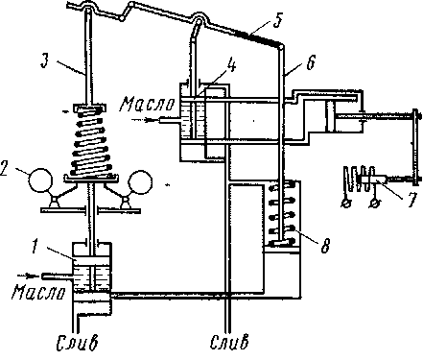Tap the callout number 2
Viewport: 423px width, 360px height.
4,169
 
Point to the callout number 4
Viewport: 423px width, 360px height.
231,66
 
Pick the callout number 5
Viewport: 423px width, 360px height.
278,20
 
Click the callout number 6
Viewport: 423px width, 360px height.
311,61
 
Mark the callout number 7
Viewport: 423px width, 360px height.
412,200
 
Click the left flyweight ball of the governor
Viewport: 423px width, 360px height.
40,180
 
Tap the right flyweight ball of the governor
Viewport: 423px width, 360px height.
140,182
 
